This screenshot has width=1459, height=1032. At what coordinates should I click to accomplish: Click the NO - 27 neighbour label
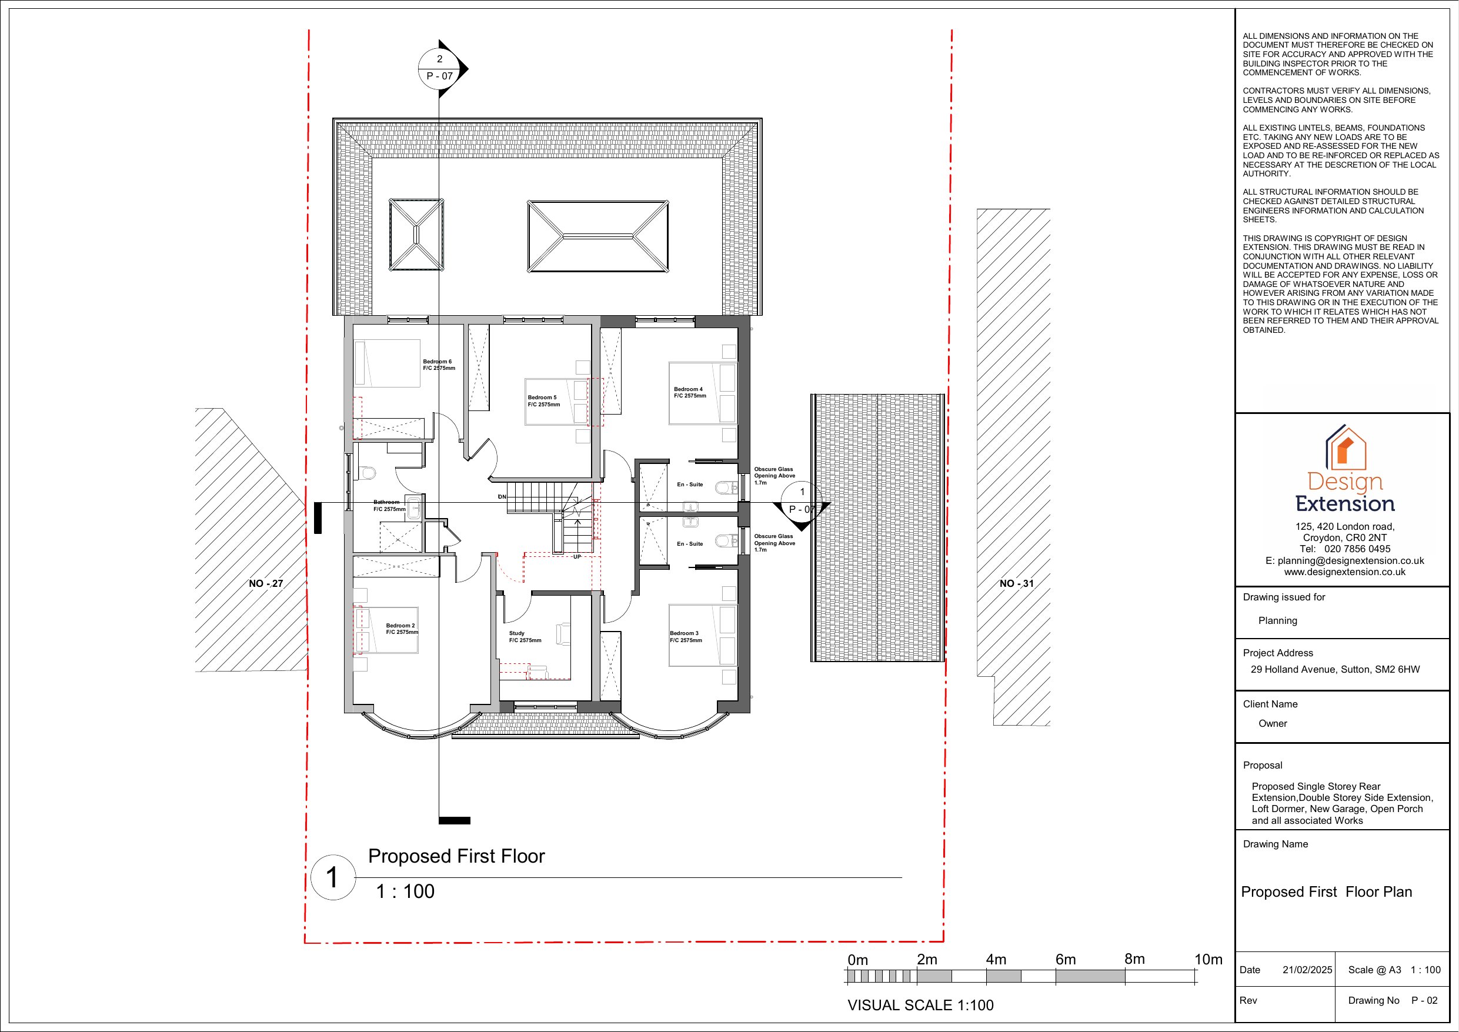(x=266, y=583)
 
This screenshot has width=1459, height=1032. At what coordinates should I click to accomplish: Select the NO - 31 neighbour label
(x=1017, y=583)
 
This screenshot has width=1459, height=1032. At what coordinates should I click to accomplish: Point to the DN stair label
(x=502, y=497)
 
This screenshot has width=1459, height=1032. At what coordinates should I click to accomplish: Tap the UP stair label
(x=577, y=557)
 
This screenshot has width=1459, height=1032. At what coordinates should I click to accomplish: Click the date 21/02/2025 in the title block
(x=1307, y=970)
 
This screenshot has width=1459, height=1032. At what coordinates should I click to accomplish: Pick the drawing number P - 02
(x=1424, y=1000)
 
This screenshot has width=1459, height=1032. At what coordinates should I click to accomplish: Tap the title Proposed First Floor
(x=456, y=856)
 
